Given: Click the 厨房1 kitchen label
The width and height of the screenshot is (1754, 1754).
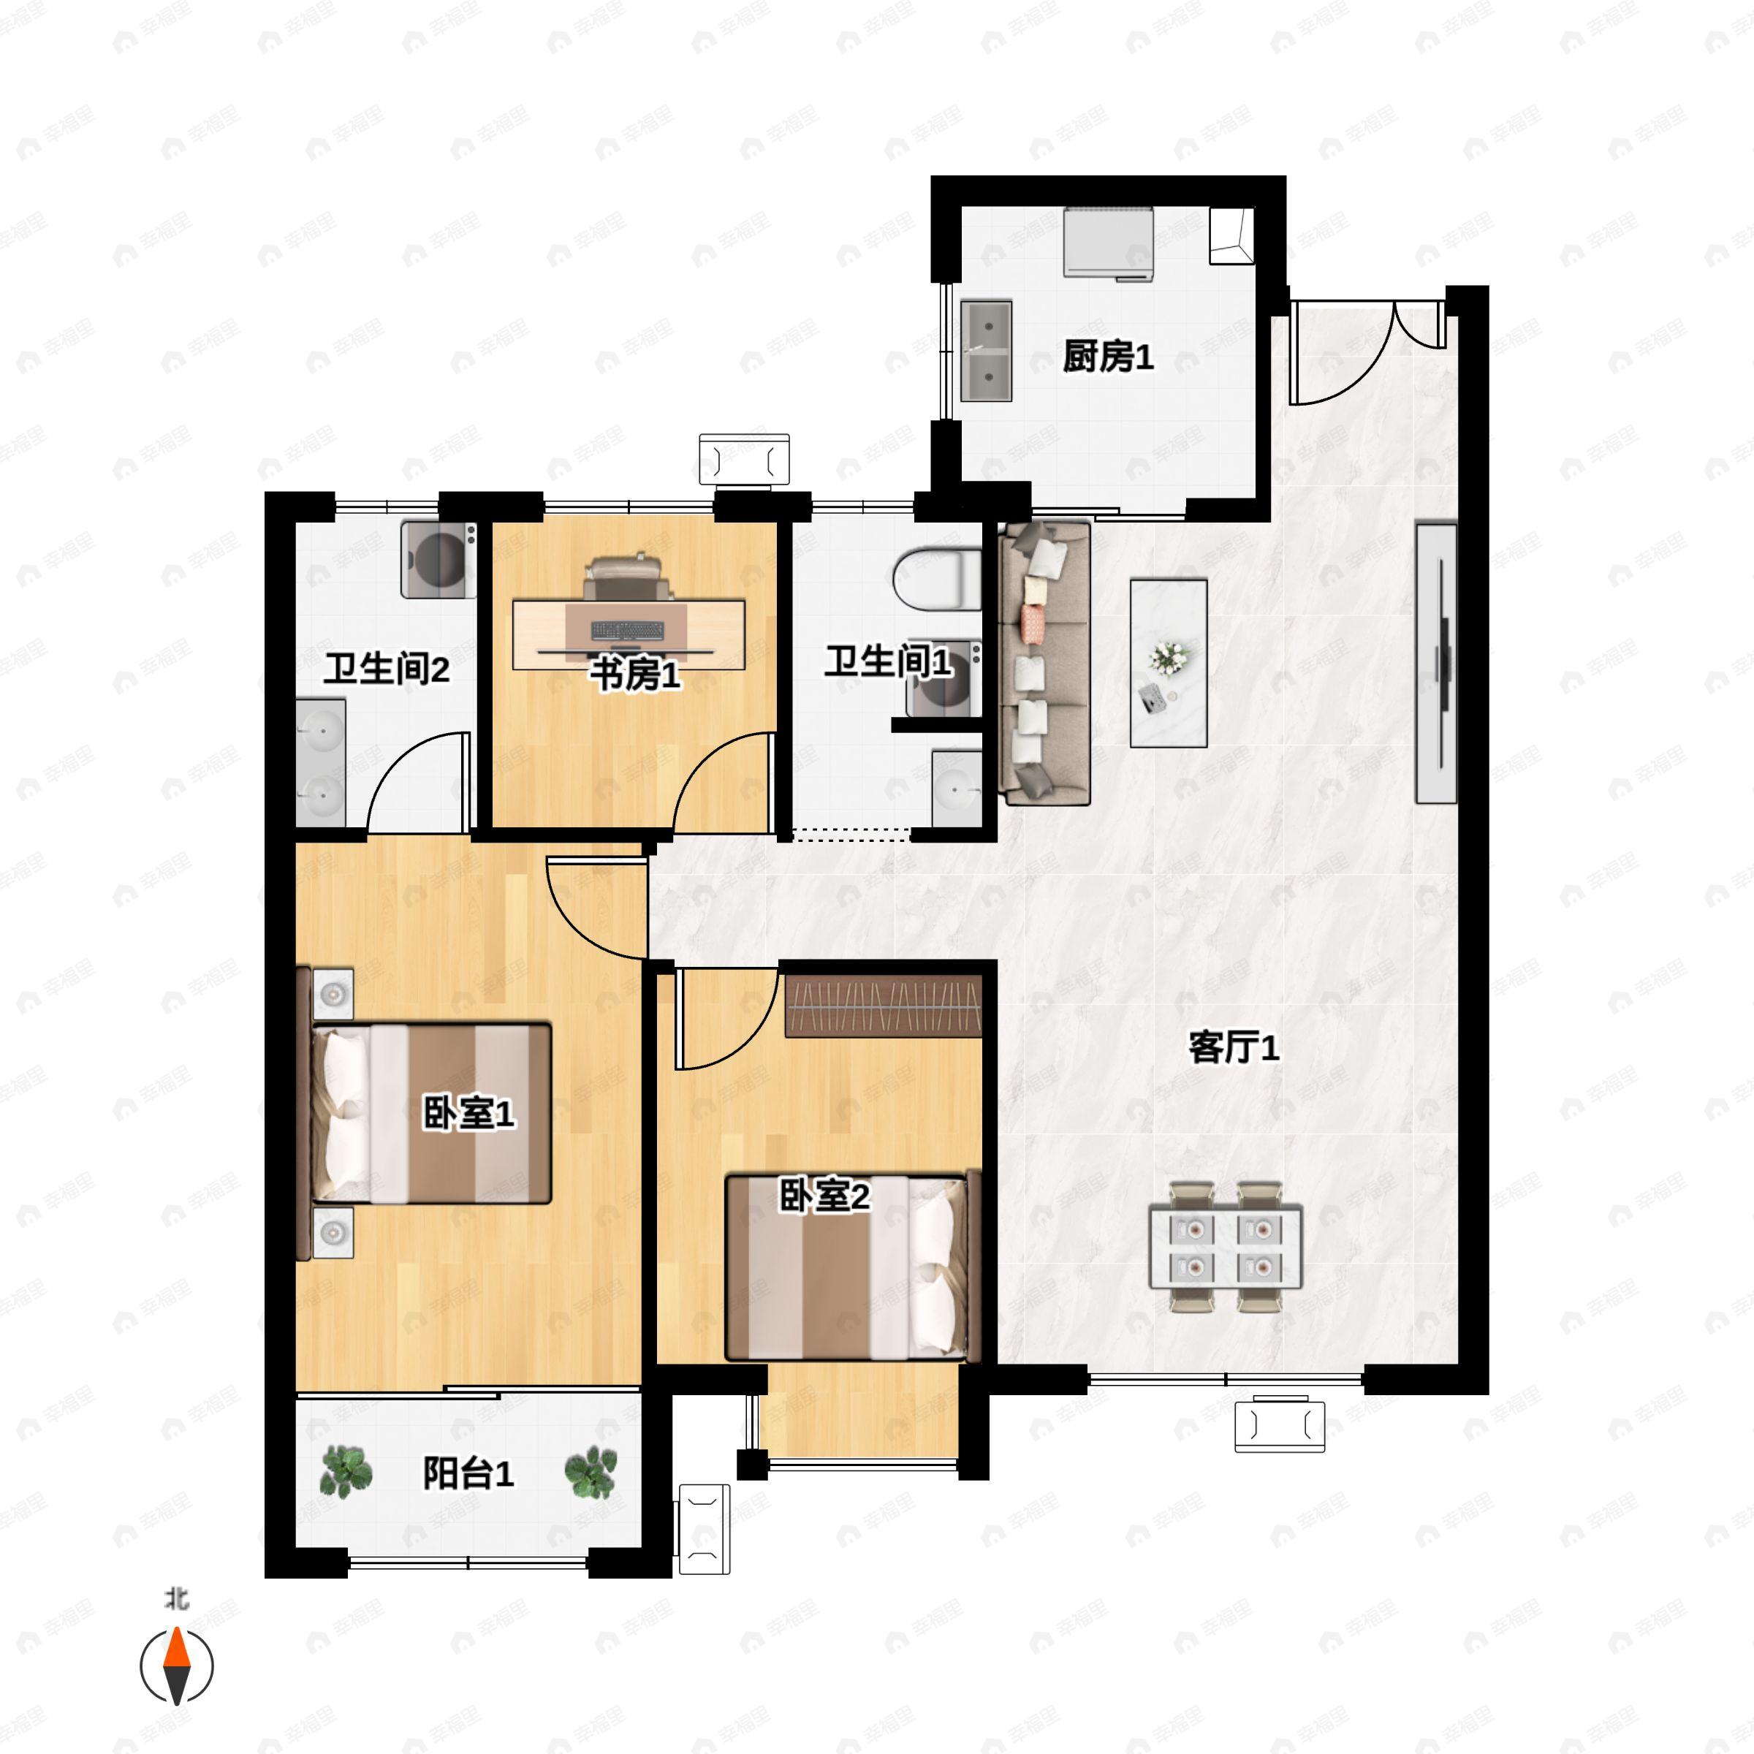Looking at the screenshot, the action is click(1108, 357).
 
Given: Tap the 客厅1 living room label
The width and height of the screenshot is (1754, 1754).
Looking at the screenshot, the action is click(1234, 1048).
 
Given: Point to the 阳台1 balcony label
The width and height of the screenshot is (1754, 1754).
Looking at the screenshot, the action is click(468, 1473).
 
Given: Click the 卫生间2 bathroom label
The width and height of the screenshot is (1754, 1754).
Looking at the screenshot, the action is click(387, 669).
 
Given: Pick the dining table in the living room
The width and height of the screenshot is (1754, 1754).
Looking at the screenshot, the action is click(1226, 1247).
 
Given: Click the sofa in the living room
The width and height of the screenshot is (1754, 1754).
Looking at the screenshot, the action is click(1044, 663).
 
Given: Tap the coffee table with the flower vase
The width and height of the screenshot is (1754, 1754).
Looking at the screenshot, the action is click(1169, 663).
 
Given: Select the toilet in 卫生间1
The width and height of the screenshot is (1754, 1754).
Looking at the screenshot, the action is click(937, 580).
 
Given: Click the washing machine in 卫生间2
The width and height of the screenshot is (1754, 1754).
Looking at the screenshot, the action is click(438, 559).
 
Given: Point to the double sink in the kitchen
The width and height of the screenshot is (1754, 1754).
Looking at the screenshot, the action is click(987, 351).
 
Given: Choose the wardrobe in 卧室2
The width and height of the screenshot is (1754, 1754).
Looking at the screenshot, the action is click(884, 1006).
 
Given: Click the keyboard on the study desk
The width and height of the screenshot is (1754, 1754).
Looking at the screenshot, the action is click(627, 629).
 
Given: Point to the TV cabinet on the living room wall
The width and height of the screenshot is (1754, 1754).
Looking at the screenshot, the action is click(1436, 663).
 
